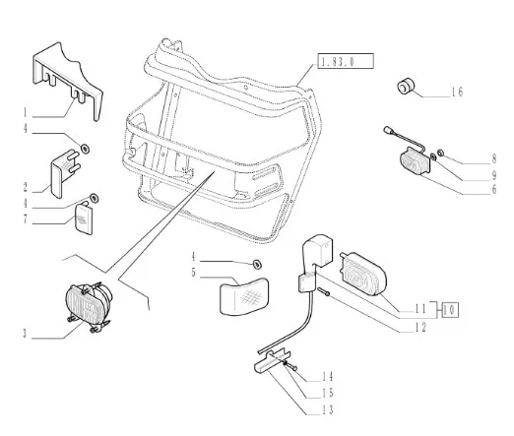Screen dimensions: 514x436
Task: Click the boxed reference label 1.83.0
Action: pos(346,61)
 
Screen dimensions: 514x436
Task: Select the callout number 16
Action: pos(457,92)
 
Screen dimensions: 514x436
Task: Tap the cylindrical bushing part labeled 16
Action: pos(406,86)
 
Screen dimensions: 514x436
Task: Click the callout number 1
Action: pos(25,112)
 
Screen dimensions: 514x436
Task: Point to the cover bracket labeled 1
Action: pos(67,81)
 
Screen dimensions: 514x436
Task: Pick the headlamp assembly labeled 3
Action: pos(89,307)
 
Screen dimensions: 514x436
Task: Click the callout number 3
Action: pos(25,334)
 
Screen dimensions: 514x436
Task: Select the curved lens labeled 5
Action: pos(244,296)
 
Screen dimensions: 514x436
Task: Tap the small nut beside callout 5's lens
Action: pos(257,264)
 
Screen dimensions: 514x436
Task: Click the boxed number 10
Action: pos(450,309)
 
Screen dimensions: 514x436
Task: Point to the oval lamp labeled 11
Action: pos(363,274)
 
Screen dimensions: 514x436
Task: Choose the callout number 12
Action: pos(420,327)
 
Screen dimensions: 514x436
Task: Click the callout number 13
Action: pos(328,409)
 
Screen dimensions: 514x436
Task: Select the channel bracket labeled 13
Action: pos(272,360)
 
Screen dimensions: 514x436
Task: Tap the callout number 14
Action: pos(327,376)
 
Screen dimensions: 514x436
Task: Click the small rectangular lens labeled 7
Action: pos(84,218)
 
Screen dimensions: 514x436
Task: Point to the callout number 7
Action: pos(25,218)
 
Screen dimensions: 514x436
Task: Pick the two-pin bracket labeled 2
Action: pos(64,173)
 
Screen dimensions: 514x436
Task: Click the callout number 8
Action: pos(494,159)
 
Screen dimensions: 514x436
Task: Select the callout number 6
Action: pos(494,189)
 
